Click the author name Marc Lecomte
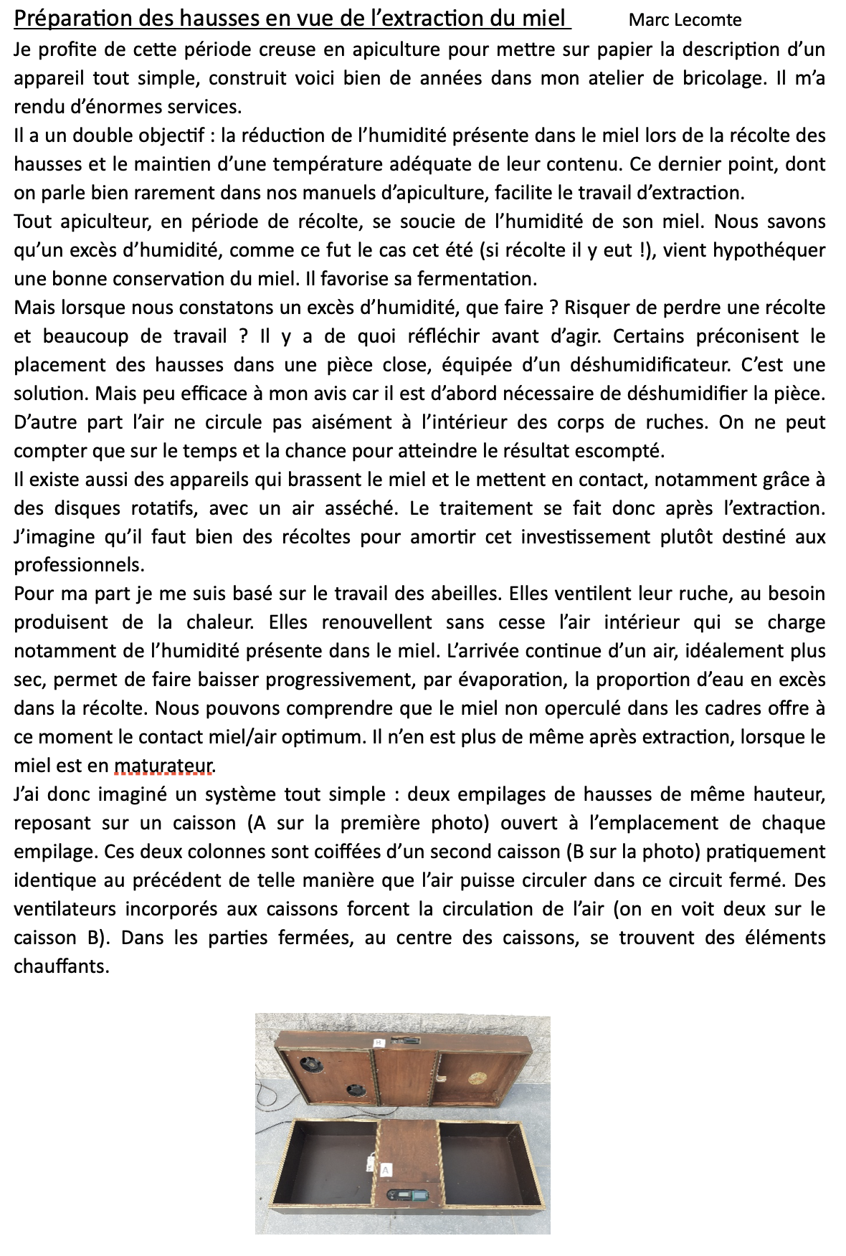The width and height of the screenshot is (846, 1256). click(685, 20)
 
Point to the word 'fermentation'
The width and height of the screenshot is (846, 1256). click(477, 279)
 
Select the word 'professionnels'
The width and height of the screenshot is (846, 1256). click(79, 566)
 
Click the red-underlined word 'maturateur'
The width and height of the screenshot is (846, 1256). click(164, 766)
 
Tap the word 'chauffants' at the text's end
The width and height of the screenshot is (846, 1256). click(61, 967)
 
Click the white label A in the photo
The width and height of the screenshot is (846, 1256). click(385, 1170)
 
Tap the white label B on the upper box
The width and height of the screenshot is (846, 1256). click(379, 1042)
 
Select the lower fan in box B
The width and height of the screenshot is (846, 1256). click(355, 1091)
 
